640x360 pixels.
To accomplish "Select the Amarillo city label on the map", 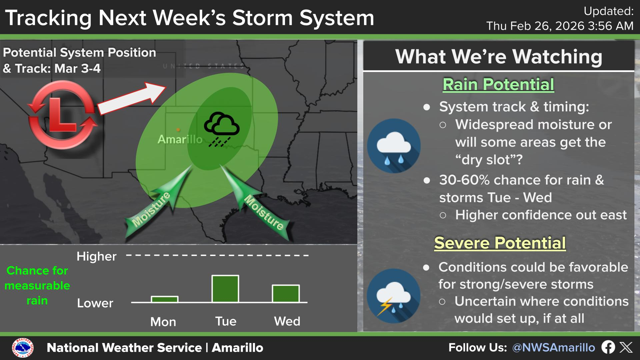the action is coord(180,139).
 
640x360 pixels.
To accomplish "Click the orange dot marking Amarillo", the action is coord(178,130).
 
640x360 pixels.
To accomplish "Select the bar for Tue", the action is coord(225,289).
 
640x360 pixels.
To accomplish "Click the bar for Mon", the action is coord(165,299).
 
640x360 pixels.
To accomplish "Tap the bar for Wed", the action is coord(286,294).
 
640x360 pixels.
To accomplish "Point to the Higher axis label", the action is coord(97,256).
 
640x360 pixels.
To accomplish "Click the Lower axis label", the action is coord(95,303).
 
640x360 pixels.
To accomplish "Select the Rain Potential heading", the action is coord(498,84).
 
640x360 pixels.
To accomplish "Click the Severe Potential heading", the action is coord(500,243).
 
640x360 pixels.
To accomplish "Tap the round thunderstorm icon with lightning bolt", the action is coord(394,296).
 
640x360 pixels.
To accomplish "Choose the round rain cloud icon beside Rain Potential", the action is coord(394,146).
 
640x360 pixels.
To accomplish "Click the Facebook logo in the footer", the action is coord(608,347).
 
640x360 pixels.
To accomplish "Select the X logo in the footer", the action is coord(626,347).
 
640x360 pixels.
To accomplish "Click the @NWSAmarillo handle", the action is coord(554,348).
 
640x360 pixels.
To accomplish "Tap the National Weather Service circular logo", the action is coord(23,348).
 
